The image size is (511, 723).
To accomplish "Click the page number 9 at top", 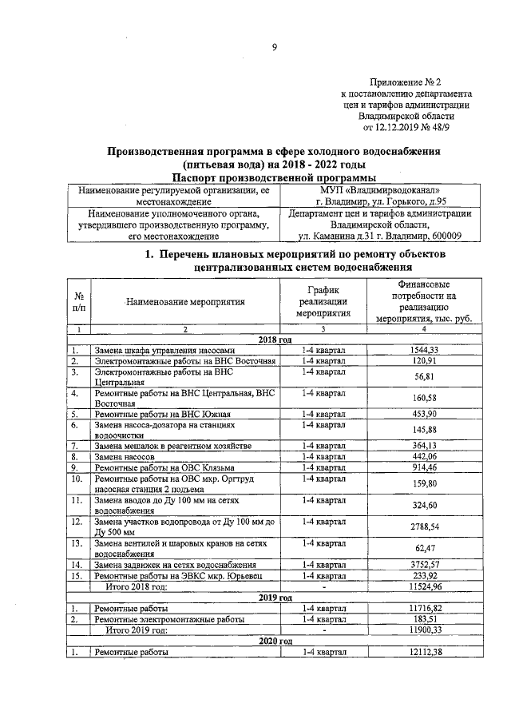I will coord(274,48).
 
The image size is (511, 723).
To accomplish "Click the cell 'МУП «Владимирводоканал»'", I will coord(380,190).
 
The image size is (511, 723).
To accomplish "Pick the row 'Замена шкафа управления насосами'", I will coord(164,351).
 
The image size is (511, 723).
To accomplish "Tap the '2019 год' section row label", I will coord(275,597).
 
